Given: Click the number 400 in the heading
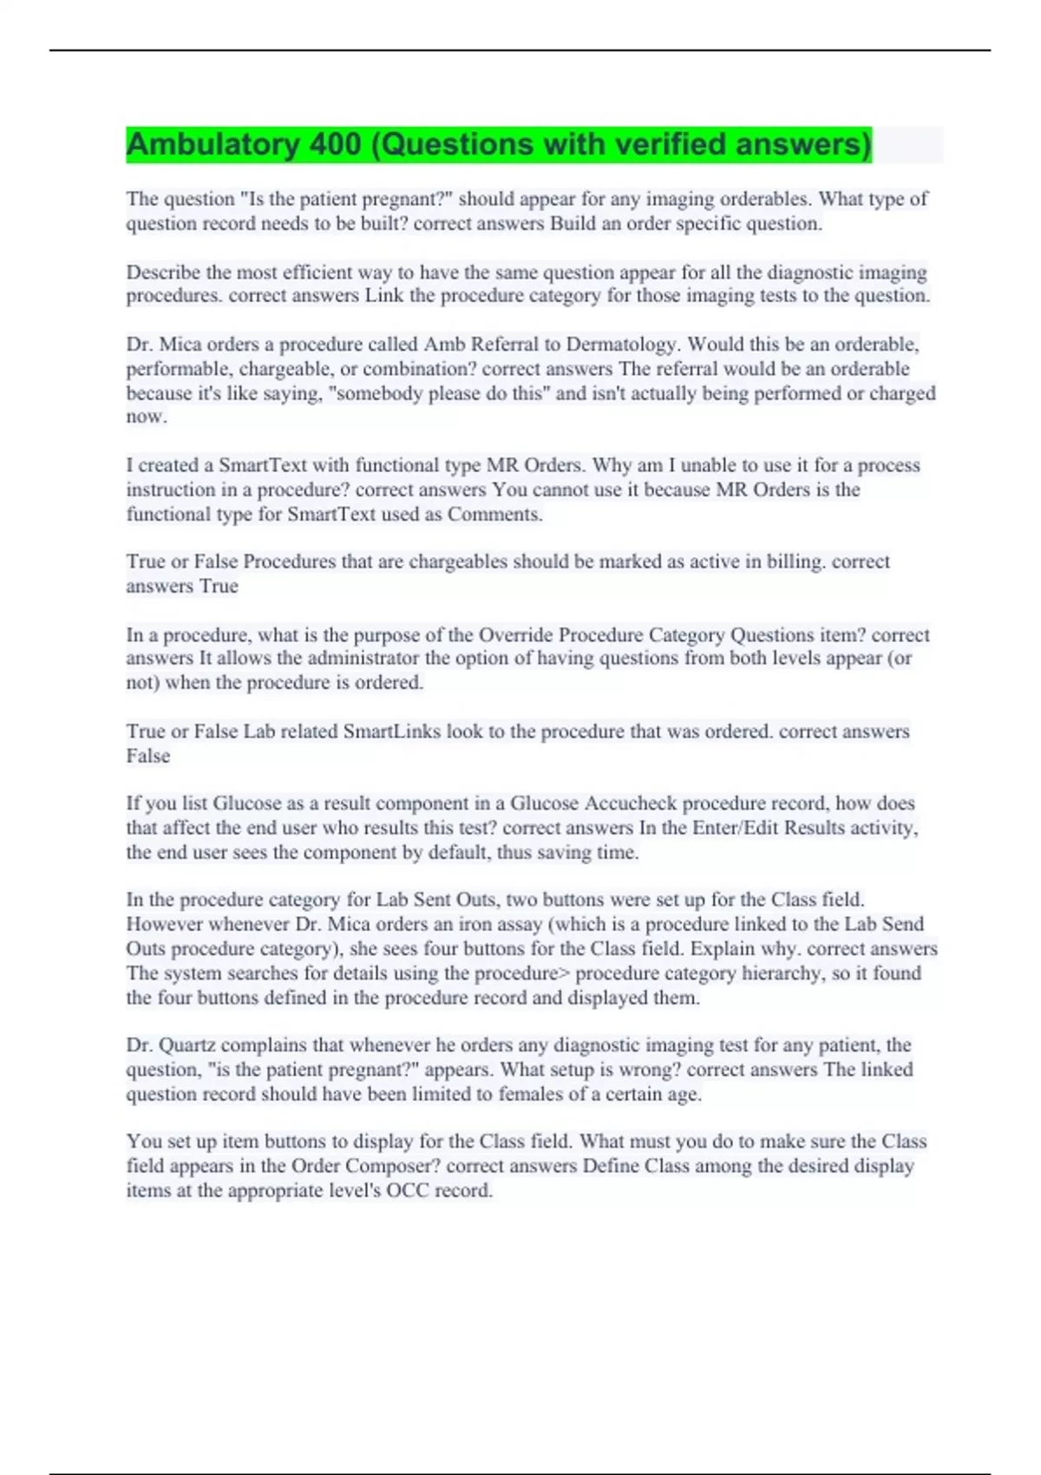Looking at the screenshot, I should click(335, 144).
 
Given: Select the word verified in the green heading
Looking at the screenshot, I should click(671, 144).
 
